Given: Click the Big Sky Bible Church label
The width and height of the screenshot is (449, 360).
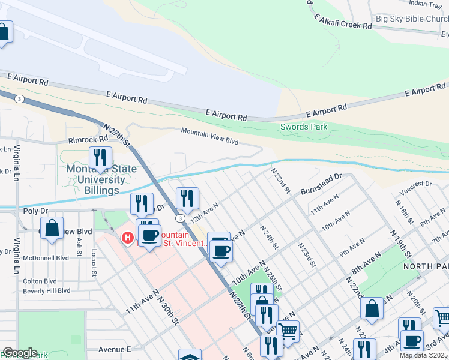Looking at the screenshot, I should [412, 19].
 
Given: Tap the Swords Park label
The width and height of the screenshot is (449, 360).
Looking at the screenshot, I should [304, 127].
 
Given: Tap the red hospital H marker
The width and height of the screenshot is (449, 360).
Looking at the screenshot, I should [127, 238].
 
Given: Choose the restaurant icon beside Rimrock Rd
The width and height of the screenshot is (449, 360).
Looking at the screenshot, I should [97, 158].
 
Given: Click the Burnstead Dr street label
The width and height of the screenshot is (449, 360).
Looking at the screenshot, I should [321, 182].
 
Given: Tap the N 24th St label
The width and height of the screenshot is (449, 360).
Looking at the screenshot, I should [270, 237].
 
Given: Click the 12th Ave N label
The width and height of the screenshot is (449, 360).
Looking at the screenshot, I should [205, 213].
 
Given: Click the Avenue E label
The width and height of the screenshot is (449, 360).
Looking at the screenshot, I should [115, 349].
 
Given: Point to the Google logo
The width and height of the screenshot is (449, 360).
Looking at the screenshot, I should [20, 353].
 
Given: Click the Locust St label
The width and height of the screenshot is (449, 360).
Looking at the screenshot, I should [94, 263].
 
